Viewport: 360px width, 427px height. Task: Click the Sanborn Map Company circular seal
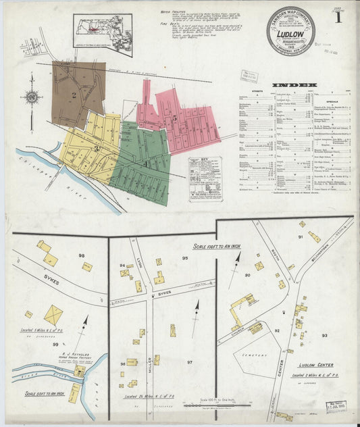290,30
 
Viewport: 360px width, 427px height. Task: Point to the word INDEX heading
293,85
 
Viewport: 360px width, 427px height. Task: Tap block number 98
82,255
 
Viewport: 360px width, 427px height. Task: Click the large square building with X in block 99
53,314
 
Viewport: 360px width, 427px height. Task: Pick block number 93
324,335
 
